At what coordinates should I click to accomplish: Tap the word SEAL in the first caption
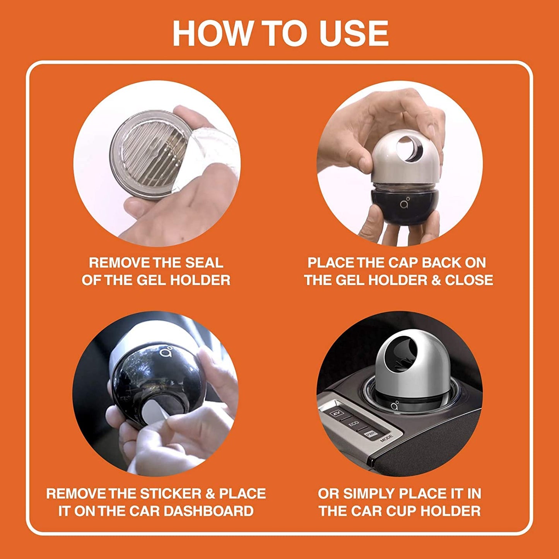click(x=204, y=263)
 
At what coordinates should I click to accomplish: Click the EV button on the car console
click(x=335, y=414)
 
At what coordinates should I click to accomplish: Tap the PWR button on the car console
click(x=371, y=434)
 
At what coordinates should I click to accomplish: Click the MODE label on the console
click(x=386, y=439)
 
